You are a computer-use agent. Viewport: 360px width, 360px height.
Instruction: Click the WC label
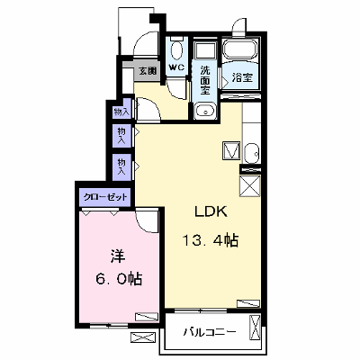(x=176, y=67)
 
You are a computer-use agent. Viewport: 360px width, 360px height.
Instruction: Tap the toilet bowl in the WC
(x=176, y=49)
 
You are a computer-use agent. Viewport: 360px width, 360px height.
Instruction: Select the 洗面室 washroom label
(x=205, y=80)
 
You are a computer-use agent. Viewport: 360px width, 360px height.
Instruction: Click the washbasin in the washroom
(x=205, y=112)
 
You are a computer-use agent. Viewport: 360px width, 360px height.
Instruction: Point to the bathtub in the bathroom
(x=240, y=49)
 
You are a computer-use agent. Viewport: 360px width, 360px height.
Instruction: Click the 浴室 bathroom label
(x=243, y=77)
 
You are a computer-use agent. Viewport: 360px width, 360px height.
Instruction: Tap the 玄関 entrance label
(x=148, y=71)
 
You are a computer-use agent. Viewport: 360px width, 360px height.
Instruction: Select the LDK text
(x=211, y=211)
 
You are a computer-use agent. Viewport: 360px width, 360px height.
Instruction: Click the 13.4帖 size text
(x=211, y=240)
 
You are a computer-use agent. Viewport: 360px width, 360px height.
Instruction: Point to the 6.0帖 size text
(x=119, y=279)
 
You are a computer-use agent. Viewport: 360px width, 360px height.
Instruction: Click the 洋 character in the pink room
(x=118, y=256)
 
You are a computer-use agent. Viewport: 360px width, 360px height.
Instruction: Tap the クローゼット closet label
(x=105, y=197)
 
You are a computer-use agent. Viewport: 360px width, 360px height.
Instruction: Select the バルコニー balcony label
(x=210, y=332)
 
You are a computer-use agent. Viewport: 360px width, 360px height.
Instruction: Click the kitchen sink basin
(x=251, y=153)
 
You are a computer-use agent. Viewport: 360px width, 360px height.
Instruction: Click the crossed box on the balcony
(x=255, y=328)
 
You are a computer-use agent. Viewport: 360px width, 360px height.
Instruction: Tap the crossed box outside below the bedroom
(x=144, y=337)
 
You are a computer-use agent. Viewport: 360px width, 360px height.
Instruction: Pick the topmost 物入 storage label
(x=121, y=112)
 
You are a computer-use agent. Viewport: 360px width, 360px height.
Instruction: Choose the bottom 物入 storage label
(x=121, y=167)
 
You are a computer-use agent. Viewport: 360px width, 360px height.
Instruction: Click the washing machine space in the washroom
(x=205, y=50)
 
